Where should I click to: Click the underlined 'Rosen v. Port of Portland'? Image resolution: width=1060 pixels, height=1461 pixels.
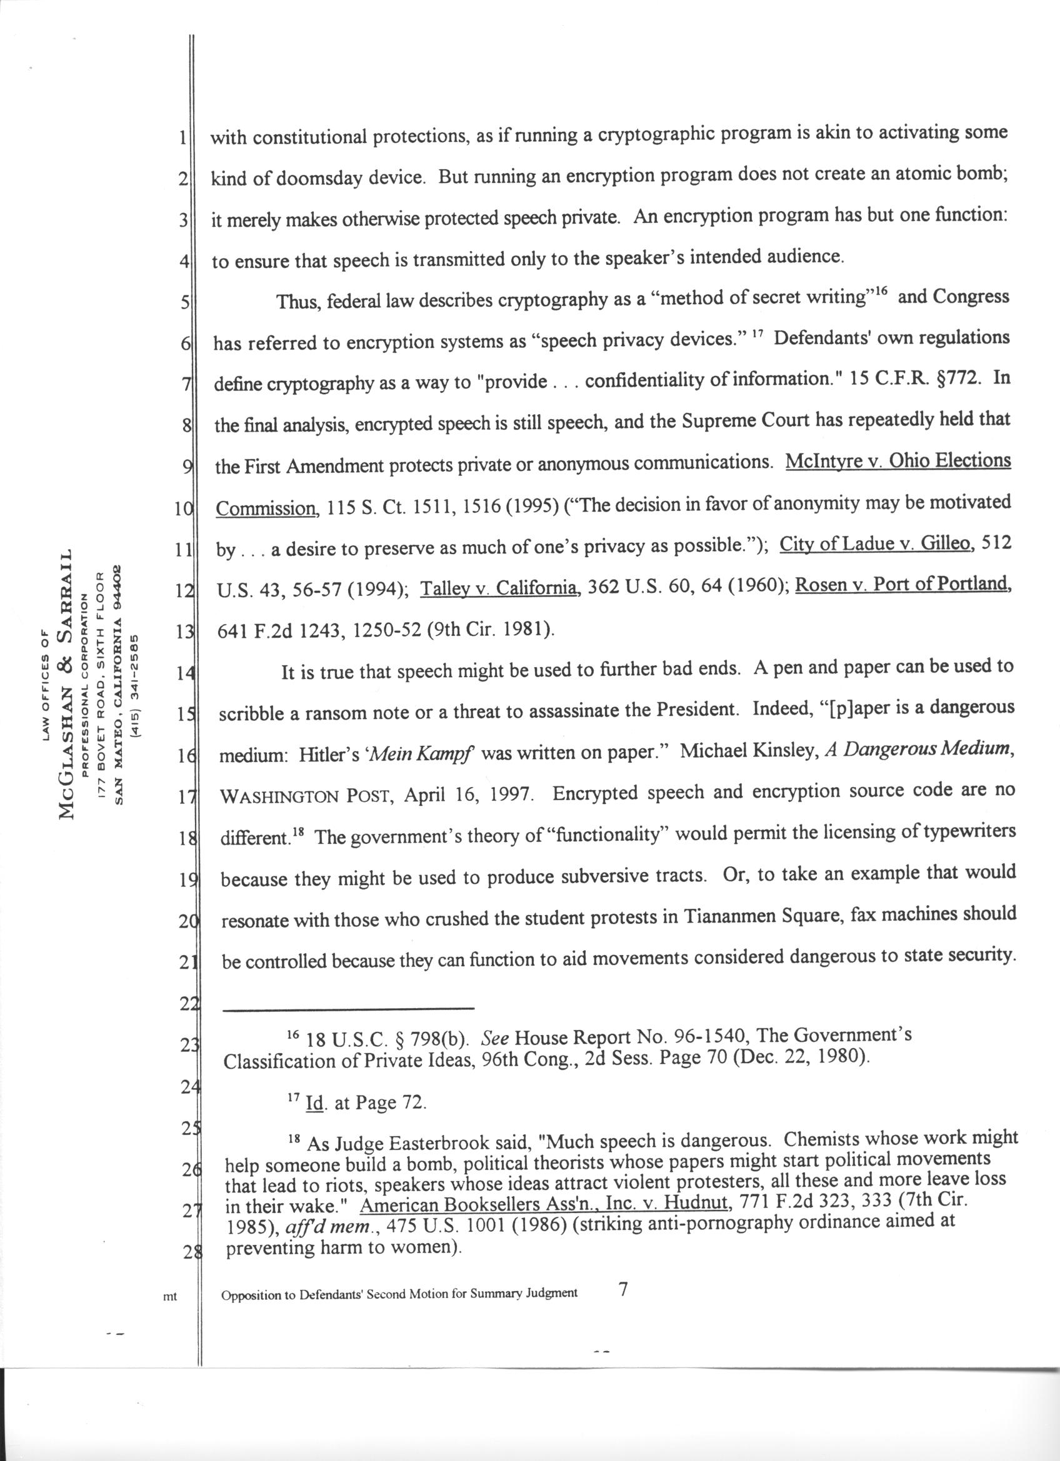click(901, 584)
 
